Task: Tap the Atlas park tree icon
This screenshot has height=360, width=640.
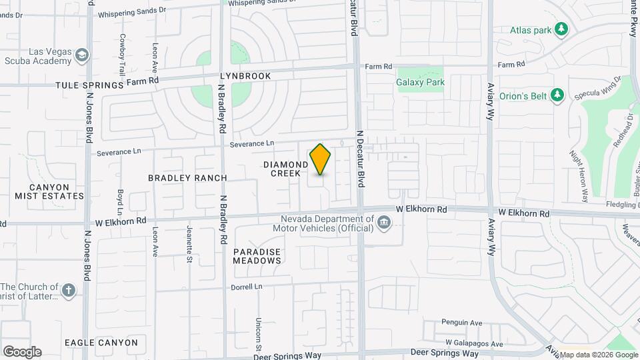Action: pyautogui.click(x=561, y=29)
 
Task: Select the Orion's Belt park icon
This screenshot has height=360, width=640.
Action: pyautogui.click(x=558, y=96)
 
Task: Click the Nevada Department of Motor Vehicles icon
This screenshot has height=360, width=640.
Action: pyautogui.click(x=384, y=223)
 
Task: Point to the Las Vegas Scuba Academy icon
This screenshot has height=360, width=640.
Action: pyautogui.click(x=82, y=55)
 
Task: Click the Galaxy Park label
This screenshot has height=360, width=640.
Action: pyautogui.click(x=420, y=83)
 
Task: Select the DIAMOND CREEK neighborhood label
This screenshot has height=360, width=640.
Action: pyautogui.click(x=285, y=169)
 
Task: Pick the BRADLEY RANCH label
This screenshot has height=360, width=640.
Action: pyautogui.click(x=187, y=178)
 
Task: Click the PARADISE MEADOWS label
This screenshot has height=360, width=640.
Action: pyautogui.click(x=257, y=257)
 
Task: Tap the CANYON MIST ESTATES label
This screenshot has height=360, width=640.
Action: pyautogui.click(x=49, y=191)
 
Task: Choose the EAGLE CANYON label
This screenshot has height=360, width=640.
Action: pyautogui.click(x=101, y=343)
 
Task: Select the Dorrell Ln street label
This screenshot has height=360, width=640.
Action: pyautogui.click(x=247, y=287)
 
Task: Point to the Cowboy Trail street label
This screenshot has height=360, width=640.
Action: pyautogui.click(x=122, y=54)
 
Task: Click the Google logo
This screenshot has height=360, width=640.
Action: pyautogui.click(x=22, y=351)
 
